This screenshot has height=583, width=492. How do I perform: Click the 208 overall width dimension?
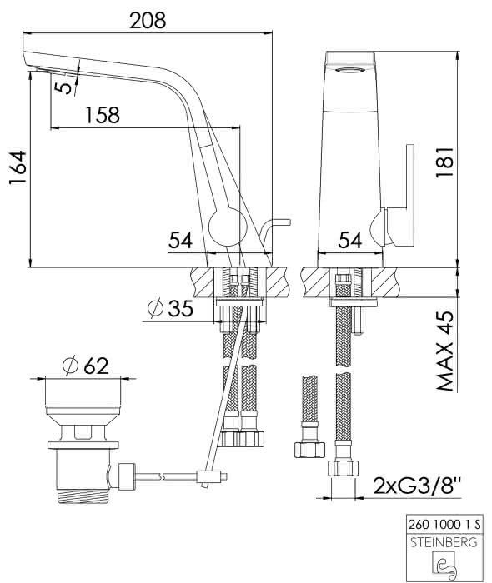click(x=148, y=21)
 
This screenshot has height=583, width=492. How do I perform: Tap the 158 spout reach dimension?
click(x=103, y=115)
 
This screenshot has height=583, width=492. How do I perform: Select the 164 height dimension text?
click(x=18, y=167)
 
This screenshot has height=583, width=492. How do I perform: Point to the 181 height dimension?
click(x=444, y=162)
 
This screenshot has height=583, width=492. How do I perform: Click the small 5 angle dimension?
click(x=63, y=87)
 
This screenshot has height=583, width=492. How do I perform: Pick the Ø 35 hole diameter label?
click(x=170, y=308)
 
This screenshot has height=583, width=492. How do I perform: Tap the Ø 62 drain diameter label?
click(x=85, y=366)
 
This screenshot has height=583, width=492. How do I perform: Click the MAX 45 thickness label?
click(x=445, y=351)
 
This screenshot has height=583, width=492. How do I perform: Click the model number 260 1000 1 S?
click(x=444, y=525)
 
